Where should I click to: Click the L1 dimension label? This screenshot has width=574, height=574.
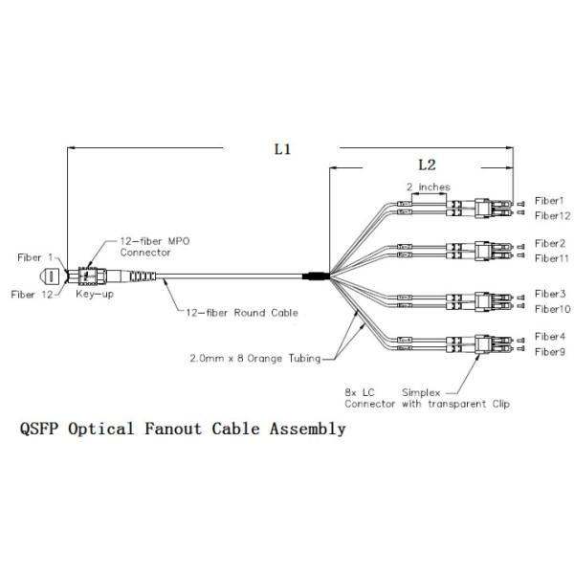coord(281,149)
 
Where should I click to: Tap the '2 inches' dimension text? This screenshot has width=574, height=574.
coord(428,187)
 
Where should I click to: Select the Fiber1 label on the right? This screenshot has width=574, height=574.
coord(550,202)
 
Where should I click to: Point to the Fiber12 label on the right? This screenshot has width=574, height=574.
coord(553,216)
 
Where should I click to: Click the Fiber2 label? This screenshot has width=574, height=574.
coord(550,244)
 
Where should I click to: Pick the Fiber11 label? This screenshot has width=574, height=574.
coord(553,258)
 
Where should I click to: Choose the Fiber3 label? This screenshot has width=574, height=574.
coord(550,294)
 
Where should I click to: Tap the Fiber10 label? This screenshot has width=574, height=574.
coord(553,309)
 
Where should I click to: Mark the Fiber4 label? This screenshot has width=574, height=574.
coord(550,337)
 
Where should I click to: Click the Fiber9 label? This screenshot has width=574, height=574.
coord(550,352)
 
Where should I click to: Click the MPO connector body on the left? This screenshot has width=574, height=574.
coord(96,276)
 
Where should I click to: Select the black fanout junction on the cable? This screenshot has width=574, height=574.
coord(315,277)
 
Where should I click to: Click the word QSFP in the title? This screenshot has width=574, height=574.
coord(39,430)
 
